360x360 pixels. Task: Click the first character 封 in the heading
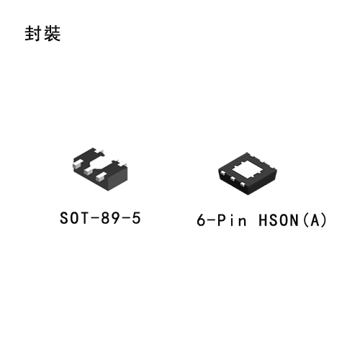click(33, 33)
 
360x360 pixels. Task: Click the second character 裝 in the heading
click(52, 33)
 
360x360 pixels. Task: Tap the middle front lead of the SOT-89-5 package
click(89, 171)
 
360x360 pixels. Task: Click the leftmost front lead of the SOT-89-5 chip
click(77, 164)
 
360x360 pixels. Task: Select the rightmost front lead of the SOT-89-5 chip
click(101, 178)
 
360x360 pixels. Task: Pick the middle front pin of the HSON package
click(233, 179)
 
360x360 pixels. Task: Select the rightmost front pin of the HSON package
click(243, 184)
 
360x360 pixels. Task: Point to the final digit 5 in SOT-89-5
click(136, 218)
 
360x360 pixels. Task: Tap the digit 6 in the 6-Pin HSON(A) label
click(201, 220)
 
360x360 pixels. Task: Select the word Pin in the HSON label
click(232, 220)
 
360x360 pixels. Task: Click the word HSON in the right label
click(279, 220)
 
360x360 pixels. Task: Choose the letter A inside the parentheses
click(315, 220)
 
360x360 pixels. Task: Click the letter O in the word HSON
click(284, 220)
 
